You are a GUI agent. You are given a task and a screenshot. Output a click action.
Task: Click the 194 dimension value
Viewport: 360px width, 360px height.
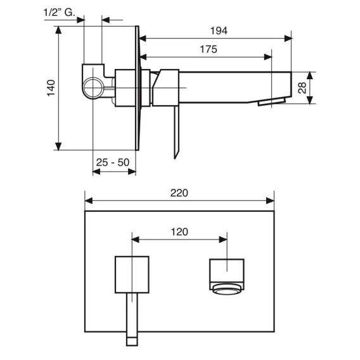coord(219,31)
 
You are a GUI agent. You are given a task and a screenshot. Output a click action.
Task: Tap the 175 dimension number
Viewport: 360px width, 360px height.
coord(209,49)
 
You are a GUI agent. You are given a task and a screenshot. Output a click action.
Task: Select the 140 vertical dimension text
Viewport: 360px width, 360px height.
coord(51,88)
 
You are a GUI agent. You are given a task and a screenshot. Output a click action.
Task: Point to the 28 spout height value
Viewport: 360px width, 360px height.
coord(302,87)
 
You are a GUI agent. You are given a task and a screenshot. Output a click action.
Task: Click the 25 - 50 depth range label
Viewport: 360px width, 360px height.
coord(113,162)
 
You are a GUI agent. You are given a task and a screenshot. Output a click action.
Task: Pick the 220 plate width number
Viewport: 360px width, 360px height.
coord(179,193)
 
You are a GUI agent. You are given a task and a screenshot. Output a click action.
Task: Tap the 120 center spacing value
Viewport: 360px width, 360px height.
coord(179,232)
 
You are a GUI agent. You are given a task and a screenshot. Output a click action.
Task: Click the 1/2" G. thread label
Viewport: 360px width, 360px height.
coord(60,13)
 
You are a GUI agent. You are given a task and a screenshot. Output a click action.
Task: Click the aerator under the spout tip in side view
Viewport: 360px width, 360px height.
coord(272,102)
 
